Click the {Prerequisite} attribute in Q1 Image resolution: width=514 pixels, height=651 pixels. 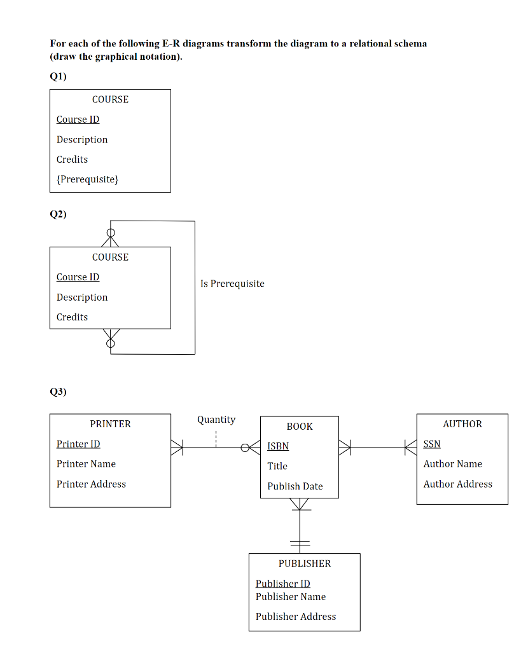click(87, 179)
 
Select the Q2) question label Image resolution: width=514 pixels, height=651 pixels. click(58, 214)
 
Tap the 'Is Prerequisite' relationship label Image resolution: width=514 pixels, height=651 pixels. click(232, 284)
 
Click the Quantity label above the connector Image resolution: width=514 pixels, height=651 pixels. click(216, 420)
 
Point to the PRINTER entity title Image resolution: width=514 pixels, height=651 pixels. click(110, 424)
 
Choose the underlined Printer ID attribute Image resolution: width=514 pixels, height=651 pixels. click(78, 444)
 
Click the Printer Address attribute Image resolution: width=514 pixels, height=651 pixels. click(91, 484)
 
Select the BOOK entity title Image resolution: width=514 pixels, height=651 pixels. click(300, 427)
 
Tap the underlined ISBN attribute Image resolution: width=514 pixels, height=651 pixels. click(278, 446)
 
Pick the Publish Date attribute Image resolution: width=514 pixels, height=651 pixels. click(295, 486)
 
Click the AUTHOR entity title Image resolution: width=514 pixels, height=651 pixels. click(462, 424)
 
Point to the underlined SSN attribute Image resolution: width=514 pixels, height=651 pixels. click(432, 444)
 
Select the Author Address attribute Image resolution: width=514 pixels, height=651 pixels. click(457, 484)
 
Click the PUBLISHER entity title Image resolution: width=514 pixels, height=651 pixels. click(305, 564)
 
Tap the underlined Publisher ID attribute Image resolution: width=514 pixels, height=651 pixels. click(283, 584)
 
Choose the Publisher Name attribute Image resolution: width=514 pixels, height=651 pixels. click(291, 596)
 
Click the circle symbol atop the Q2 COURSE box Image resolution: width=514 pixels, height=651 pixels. click(111, 233)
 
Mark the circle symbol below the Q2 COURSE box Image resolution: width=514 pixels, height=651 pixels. click(111, 343)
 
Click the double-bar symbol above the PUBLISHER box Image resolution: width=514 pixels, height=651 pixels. click(300, 544)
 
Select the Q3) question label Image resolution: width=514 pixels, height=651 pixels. click(58, 392)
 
